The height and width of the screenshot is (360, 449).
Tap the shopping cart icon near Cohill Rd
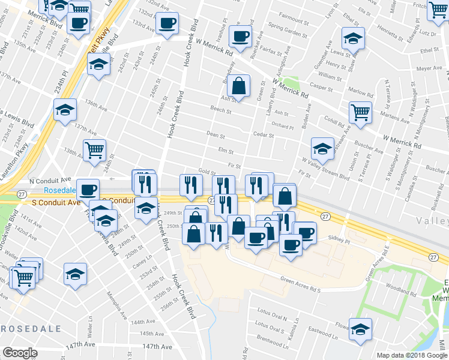[360, 112]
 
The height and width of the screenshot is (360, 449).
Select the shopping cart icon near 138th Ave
[94, 151]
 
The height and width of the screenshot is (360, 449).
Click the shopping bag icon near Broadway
[239, 86]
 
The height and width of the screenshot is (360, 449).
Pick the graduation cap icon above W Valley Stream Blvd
[322, 148]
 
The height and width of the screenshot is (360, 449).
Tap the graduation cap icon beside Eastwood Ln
[360, 329]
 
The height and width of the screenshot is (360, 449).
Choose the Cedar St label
[263, 135]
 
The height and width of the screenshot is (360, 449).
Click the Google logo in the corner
[20, 353]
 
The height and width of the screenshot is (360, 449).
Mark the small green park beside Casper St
[291, 82]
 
